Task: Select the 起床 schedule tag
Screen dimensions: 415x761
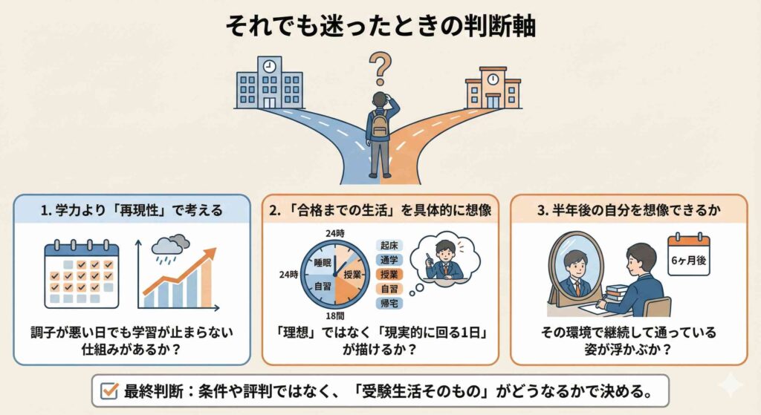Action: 389,245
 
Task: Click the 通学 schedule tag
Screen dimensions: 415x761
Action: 389,259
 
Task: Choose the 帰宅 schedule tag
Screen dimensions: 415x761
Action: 389,303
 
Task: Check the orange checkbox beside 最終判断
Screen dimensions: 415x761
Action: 109,390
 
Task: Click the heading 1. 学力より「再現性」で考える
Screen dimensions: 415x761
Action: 132,210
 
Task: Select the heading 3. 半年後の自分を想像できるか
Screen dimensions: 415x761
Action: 628,210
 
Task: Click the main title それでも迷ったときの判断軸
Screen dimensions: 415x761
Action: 380,26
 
